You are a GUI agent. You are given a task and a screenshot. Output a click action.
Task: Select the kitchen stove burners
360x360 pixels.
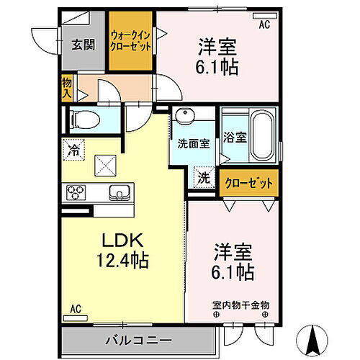pos(76,192)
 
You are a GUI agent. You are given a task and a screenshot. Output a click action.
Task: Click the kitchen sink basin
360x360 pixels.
pos(120,192)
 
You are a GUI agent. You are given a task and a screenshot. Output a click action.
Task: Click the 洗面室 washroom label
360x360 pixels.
pos(194,143)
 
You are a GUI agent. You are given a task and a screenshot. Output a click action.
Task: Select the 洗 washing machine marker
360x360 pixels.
pos(204,178)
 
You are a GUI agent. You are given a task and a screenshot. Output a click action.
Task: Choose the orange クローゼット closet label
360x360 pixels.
pos(248,184)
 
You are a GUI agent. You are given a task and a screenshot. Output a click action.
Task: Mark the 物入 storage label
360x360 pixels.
pos(67,87)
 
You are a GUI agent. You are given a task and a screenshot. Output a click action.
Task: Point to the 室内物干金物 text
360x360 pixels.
pos(240,305)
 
